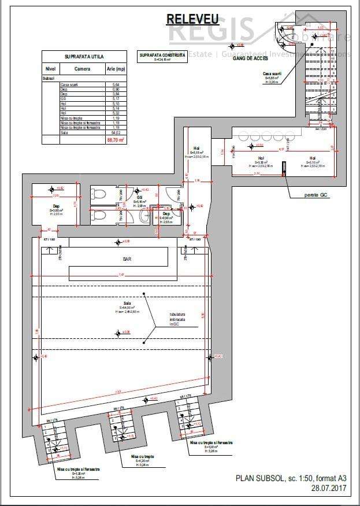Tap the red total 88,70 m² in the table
pyautogui.click(x=116, y=139)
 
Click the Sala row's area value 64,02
pyautogui.click(x=116, y=132)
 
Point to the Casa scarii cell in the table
pyautogui.click(x=68, y=84)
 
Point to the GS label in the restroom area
pyautogui.click(x=139, y=197)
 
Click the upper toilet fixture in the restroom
pyautogui.click(x=99, y=195)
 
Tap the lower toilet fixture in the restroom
pyautogui.click(x=99, y=215)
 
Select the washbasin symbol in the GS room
pyautogui.click(x=143, y=216)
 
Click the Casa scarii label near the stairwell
pyautogui.click(x=272, y=74)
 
